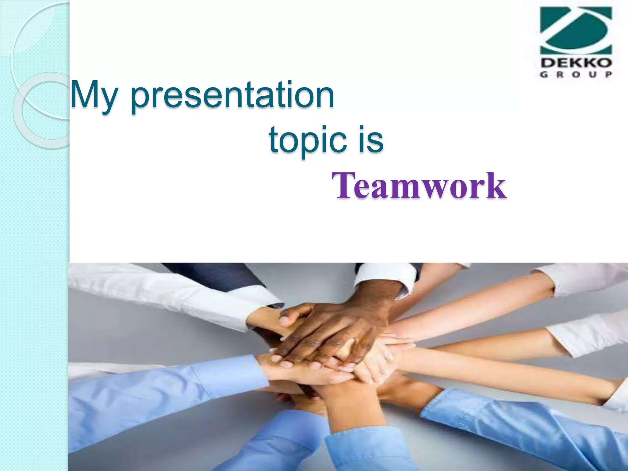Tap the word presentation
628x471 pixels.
pos(232,96)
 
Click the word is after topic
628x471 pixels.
pos(372,140)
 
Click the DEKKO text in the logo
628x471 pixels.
pos(576,63)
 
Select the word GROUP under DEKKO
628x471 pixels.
pos(576,75)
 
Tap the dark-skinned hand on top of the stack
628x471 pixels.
pos(331,331)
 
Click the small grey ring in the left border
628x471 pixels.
pos(41,110)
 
